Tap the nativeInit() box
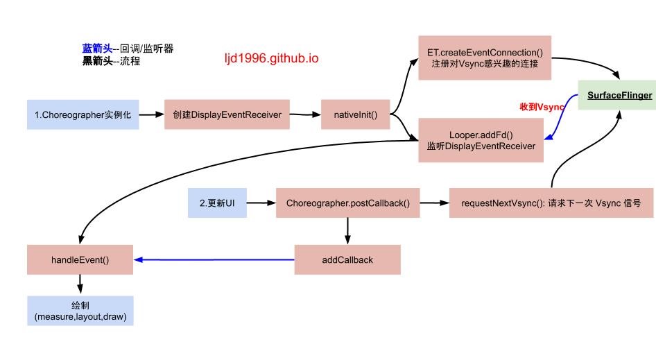[356, 114]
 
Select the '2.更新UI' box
[217, 203]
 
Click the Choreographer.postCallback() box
[347, 203]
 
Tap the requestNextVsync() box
[551, 203]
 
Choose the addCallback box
[347, 260]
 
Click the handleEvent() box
[80, 260]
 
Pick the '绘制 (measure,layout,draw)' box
[80, 311]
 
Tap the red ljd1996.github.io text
[271, 58]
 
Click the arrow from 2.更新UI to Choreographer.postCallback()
[261, 203]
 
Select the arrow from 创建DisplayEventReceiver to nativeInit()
[305, 114]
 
